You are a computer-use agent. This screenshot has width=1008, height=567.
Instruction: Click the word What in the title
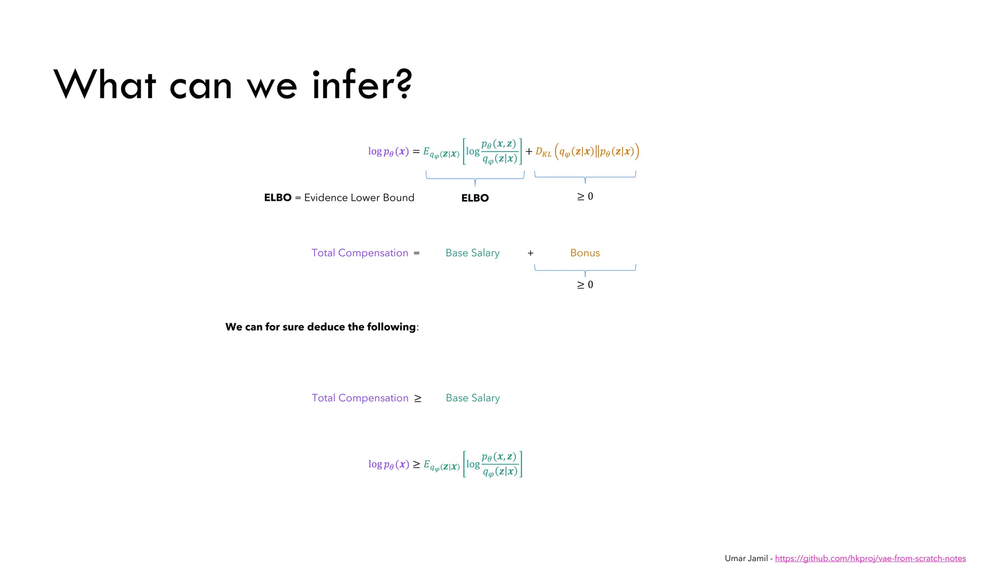pyautogui.click(x=105, y=85)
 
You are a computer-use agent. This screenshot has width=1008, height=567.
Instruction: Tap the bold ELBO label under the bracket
pyautogui.click(x=474, y=198)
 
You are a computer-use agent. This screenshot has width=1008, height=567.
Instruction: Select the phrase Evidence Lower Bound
pyautogui.click(x=359, y=197)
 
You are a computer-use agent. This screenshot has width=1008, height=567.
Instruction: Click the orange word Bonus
pyautogui.click(x=585, y=253)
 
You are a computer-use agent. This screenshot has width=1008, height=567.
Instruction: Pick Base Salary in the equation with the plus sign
pyautogui.click(x=472, y=253)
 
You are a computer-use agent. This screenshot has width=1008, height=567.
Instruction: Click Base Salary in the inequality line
pyautogui.click(x=472, y=398)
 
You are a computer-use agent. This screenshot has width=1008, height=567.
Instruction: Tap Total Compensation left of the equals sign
pyautogui.click(x=360, y=253)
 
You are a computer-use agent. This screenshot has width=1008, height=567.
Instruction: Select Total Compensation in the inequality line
pyautogui.click(x=360, y=398)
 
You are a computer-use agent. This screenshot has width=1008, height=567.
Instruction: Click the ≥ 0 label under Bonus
pyautogui.click(x=585, y=284)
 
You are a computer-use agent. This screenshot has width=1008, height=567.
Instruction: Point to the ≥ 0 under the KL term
pyautogui.click(x=585, y=196)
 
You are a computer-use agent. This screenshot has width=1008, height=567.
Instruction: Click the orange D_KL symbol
pyautogui.click(x=543, y=152)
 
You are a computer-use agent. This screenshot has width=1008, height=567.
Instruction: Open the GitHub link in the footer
pyautogui.click(x=870, y=558)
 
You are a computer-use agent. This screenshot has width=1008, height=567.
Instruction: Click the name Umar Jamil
pyautogui.click(x=746, y=558)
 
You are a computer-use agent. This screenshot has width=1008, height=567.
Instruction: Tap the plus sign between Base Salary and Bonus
pyautogui.click(x=530, y=253)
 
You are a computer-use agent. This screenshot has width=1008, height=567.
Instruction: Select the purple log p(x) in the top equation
pyautogui.click(x=388, y=152)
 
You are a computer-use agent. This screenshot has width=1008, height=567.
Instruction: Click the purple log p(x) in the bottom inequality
pyautogui.click(x=388, y=464)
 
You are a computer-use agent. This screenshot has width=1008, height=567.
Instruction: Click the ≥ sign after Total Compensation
pyautogui.click(x=417, y=398)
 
